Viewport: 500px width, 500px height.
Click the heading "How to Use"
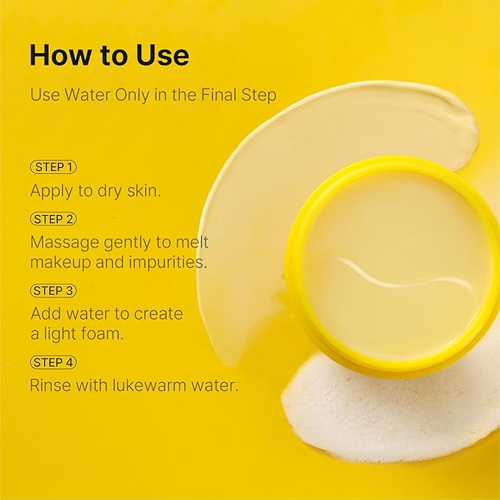(x=110, y=55)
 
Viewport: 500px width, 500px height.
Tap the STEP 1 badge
(x=53, y=166)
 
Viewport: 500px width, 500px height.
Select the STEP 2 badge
(x=53, y=219)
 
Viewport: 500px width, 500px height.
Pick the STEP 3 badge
(x=53, y=290)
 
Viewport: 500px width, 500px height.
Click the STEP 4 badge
(x=53, y=362)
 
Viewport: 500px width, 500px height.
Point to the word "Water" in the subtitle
(x=88, y=95)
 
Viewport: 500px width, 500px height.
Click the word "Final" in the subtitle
(x=219, y=95)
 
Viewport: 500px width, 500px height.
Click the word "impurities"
(x=167, y=263)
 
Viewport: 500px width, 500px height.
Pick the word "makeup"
(x=60, y=263)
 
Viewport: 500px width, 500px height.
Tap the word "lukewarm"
(x=149, y=385)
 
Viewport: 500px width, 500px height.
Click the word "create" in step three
(x=158, y=314)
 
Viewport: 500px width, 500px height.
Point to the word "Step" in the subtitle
(x=258, y=96)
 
